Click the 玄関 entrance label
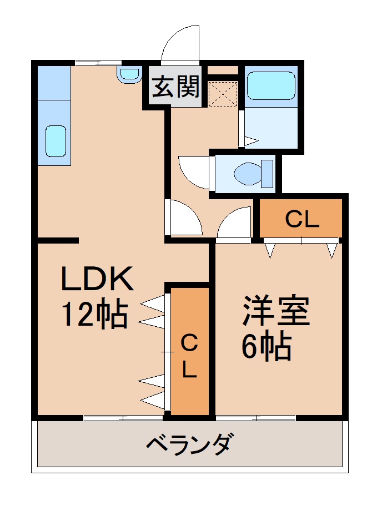(x=176, y=88)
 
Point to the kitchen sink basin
(x=55, y=140)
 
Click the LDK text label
(x=97, y=280)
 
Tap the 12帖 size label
(x=94, y=314)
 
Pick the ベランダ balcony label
(x=189, y=444)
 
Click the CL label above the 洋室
(x=302, y=220)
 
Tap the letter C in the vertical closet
(x=189, y=343)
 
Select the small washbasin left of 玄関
(x=129, y=74)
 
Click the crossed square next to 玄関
(x=223, y=93)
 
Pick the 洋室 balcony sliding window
(x=255, y=417)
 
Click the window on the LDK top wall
(x=98, y=62)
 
